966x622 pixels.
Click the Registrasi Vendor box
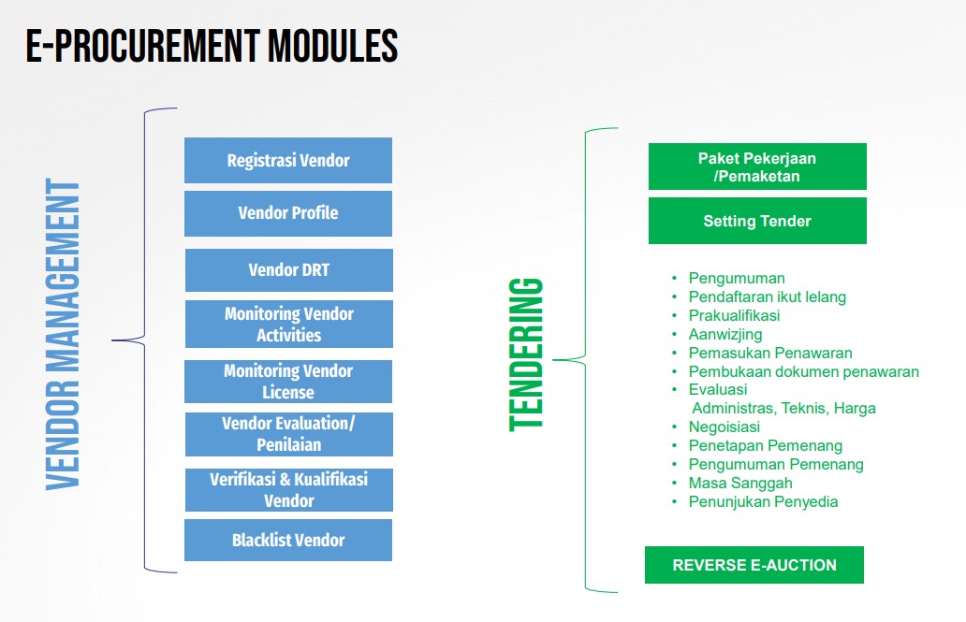(288, 160)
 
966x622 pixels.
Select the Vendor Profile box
(288, 213)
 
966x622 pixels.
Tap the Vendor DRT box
(288, 270)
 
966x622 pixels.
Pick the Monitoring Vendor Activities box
(288, 324)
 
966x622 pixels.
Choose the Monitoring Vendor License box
(288, 381)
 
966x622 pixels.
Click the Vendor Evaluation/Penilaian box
(288, 434)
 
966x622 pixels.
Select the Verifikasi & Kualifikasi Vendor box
(288, 489)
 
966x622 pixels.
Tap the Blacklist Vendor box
(288, 540)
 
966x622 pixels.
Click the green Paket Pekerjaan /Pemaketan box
(757, 166)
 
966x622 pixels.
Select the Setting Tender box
(757, 221)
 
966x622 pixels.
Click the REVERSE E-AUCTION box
(754, 565)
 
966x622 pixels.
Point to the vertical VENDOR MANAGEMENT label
(63, 335)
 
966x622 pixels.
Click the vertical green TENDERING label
(526, 354)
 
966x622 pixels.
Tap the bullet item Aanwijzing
(725, 334)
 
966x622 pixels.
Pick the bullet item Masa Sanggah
(740, 483)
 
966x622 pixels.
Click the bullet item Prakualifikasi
(734, 315)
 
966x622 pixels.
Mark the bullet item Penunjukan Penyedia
(763, 501)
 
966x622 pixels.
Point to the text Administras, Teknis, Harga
(783, 408)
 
